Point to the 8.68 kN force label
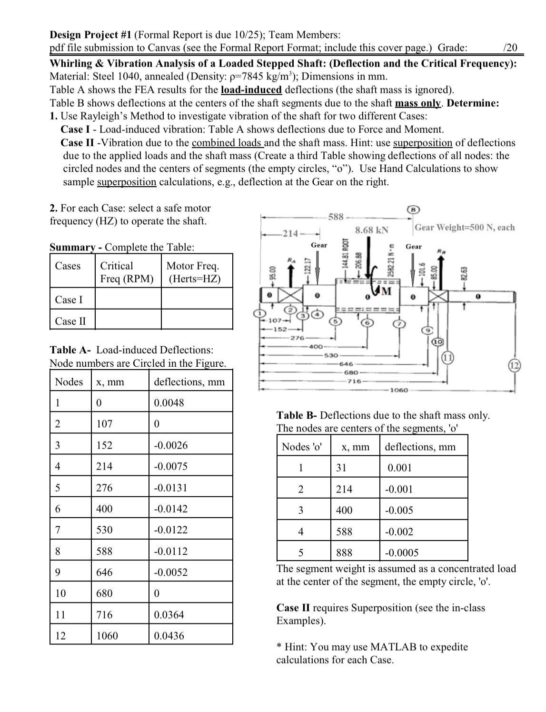tap(372, 230)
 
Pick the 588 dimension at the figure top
tap(336, 217)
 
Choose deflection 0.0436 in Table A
tap(169, 636)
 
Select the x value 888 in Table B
tap(344, 552)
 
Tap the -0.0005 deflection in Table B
tap(402, 552)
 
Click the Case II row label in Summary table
tap(70, 321)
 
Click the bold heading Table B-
tap(297, 415)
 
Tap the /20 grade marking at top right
tap(510, 47)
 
